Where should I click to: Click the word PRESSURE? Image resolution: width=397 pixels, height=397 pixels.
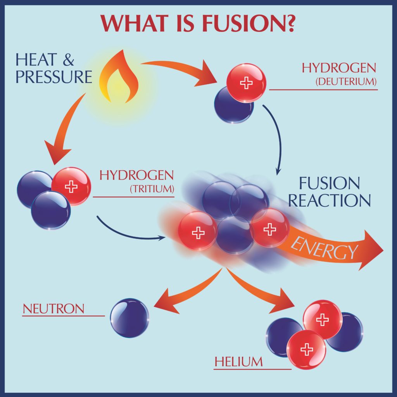(54, 76)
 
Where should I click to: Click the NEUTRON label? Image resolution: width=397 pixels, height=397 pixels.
(54, 309)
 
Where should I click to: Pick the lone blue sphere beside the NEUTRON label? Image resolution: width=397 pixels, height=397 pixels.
(129, 318)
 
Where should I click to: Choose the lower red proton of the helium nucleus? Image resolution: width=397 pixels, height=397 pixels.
(306, 350)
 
